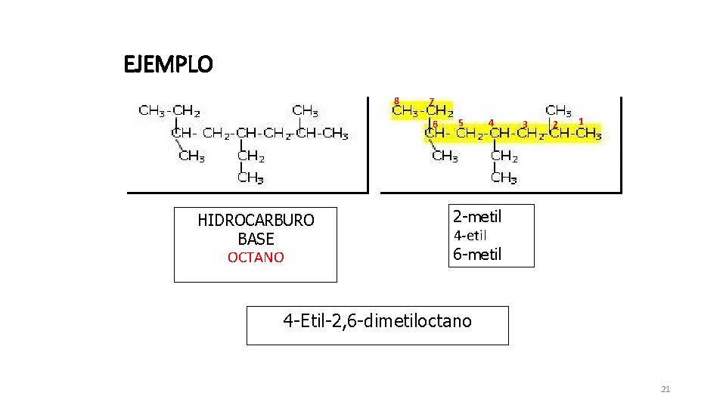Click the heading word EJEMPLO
point(168,63)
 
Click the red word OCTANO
point(256,257)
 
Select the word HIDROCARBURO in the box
point(256,220)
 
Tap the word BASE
point(256,239)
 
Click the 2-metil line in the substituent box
point(477,217)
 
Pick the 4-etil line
point(470,236)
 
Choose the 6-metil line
point(477,254)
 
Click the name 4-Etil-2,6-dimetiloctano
point(377,320)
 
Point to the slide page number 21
point(665,389)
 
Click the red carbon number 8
point(396,100)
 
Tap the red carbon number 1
point(581,121)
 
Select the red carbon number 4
point(491,123)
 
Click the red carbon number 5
point(461,123)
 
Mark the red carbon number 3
point(525,124)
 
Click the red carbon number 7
point(432,102)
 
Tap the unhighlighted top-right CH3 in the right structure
point(558,110)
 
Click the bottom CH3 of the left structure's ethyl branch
point(250,178)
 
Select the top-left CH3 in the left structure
point(151,110)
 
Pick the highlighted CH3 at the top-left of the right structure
point(405,110)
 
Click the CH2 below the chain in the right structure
point(504,156)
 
